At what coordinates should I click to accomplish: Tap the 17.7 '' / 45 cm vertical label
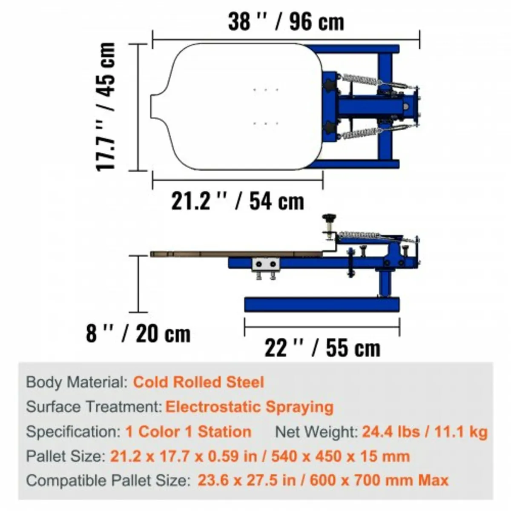pos(106,106)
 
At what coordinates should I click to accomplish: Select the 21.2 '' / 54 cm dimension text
pos(238,201)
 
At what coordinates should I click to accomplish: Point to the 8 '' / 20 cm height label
pos(138,333)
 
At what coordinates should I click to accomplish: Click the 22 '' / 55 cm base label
pos(322,348)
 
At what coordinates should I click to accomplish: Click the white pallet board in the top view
pos(238,106)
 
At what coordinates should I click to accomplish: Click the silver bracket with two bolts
pos(266,265)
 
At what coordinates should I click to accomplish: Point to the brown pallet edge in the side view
pos(234,254)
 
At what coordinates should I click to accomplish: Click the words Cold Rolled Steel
pos(198,382)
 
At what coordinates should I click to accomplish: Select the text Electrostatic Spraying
pos(249,407)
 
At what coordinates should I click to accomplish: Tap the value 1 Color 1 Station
pos(188,432)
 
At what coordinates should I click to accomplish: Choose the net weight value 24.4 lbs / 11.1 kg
pos(425,432)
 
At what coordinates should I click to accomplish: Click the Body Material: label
pos(77,382)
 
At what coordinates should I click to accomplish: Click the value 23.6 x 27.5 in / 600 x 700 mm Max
pos(323,481)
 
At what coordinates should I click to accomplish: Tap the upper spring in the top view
pos(360,80)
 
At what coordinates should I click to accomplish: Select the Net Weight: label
pos(316,432)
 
